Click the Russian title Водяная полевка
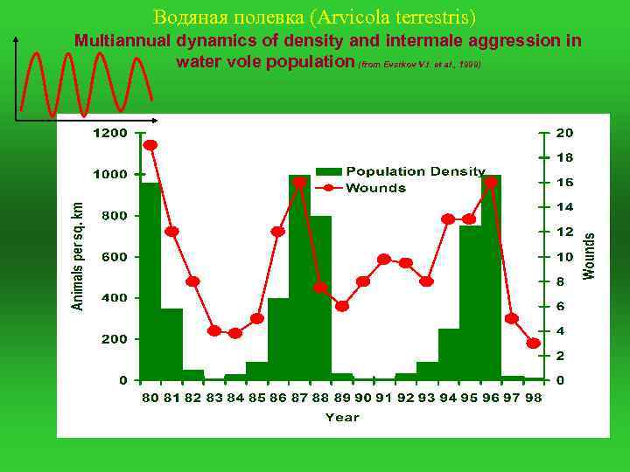[314, 17]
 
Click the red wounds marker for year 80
[150, 145]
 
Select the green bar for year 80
[150, 280]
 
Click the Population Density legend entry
[416, 171]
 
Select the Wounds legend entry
[375, 188]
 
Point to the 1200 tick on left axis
[110, 133]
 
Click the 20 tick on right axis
[565, 133]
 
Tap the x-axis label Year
[342, 418]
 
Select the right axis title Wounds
[590, 255]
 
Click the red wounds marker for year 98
[533, 344]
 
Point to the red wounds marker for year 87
[299, 183]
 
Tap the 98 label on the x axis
[533, 398]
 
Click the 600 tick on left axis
[114, 257]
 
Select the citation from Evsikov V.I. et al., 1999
[420, 66]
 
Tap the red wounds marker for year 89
[342, 306]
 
